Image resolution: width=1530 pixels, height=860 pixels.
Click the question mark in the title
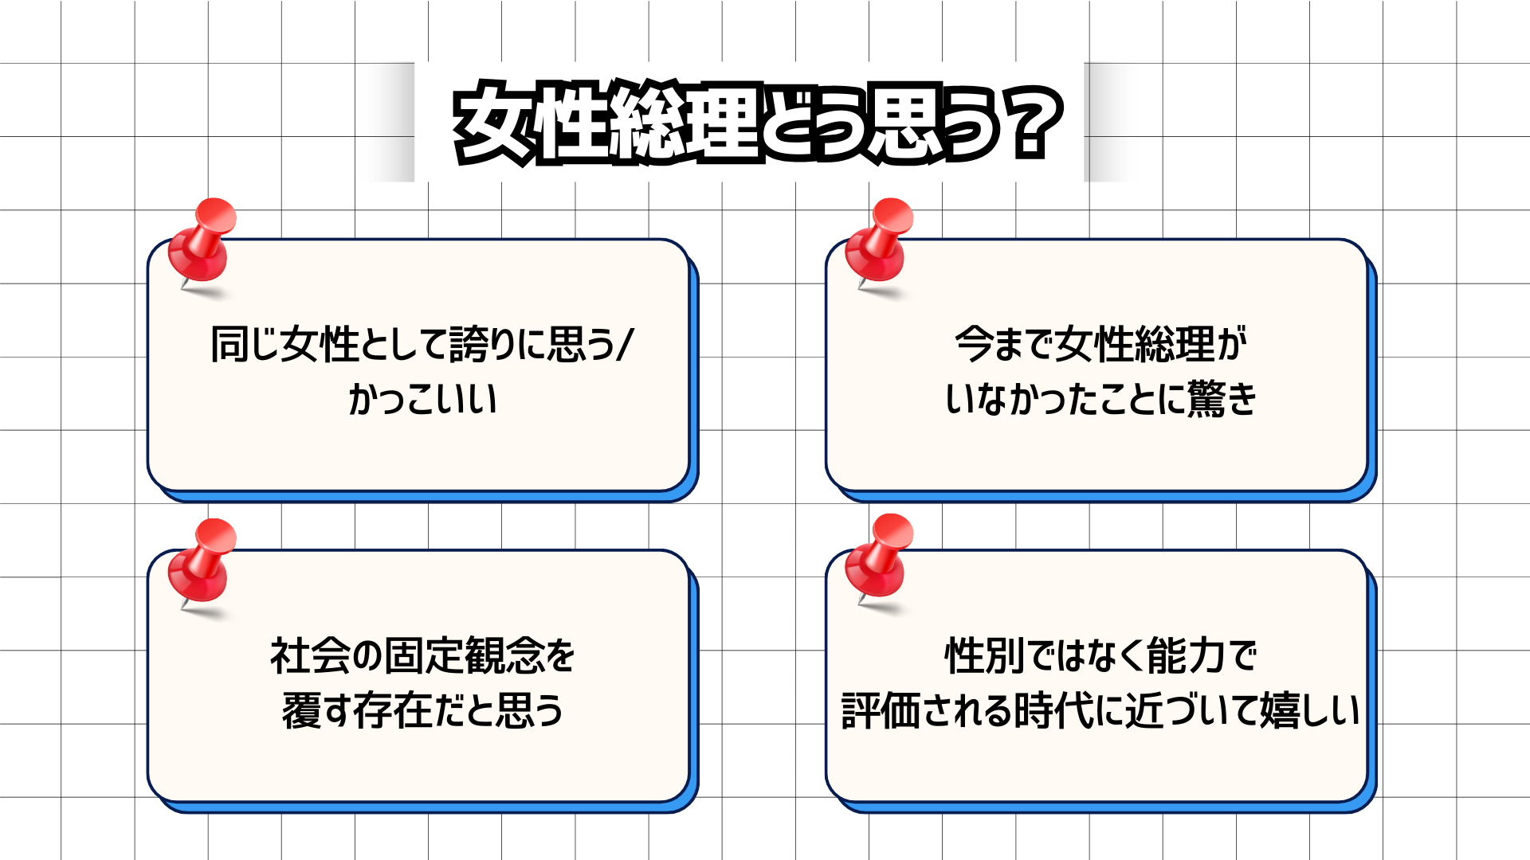click(x=1030, y=124)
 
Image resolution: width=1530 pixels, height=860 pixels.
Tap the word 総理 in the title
click(x=684, y=124)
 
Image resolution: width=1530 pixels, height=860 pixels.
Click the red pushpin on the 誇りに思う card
click(x=202, y=242)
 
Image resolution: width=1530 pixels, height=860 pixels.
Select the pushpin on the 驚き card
click(x=880, y=242)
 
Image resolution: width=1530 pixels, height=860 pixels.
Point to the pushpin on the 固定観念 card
click(x=202, y=562)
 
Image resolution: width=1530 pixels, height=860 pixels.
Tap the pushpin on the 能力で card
click(x=880, y=557)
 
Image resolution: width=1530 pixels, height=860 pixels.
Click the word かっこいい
click(x=423, y=399)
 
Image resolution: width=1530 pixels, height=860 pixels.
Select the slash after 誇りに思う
click(x=625, y=345)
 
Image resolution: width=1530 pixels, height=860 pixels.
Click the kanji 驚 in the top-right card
click(x=1206, y=399)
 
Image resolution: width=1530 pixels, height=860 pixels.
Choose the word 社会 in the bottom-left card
click(x=308, y=656)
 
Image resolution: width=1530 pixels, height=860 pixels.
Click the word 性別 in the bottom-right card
click(x=984, y=656)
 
